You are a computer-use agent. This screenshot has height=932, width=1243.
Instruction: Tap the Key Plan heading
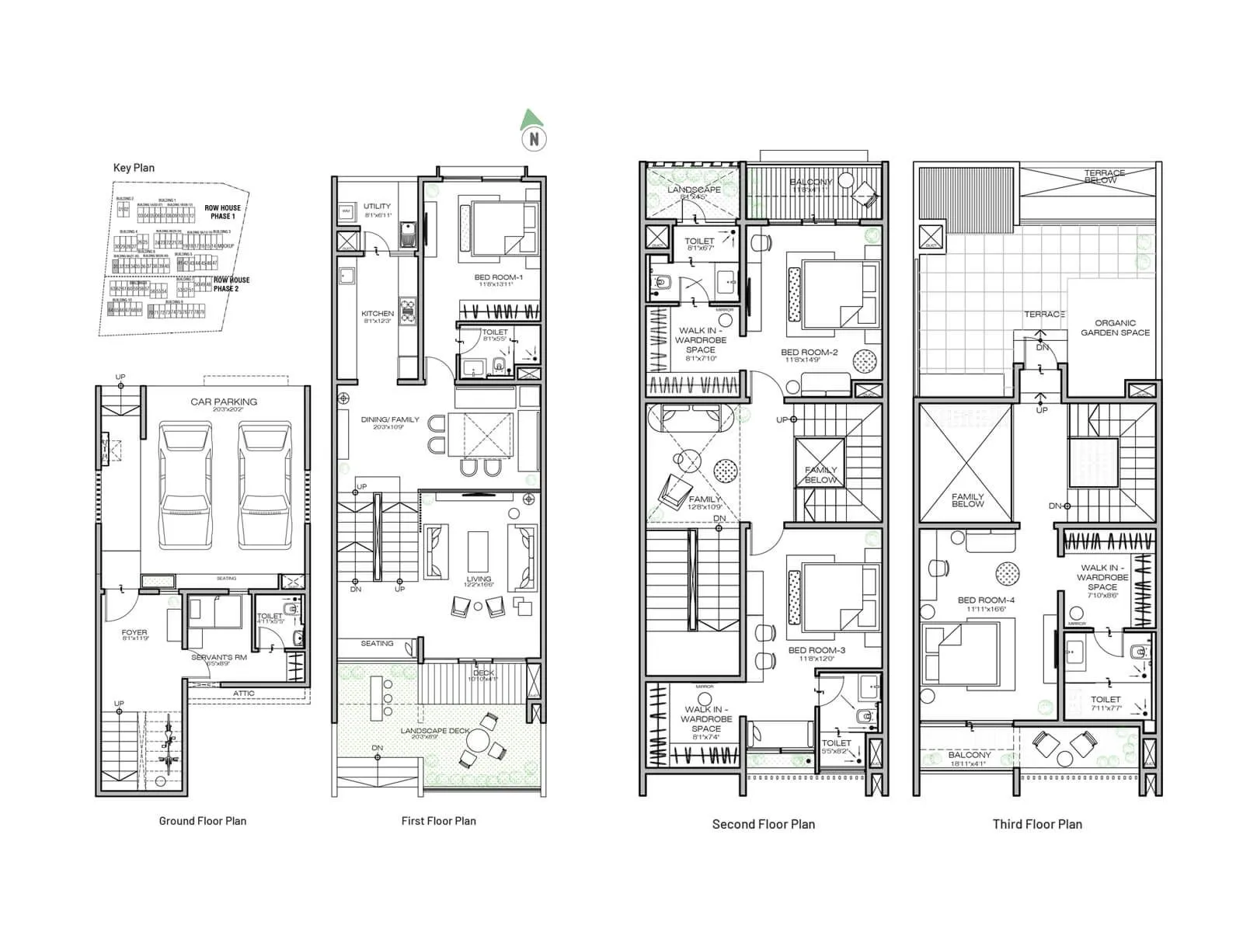click(134, 168)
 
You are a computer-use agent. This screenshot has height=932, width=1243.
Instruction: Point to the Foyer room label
click(134, 635)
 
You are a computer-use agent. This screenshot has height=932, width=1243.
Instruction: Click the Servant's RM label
click(218, 659)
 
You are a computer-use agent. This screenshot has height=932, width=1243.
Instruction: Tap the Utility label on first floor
click(378, 209)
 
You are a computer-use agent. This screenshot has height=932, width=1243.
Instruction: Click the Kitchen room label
click(378, 316)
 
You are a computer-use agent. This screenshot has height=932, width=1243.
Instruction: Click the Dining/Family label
click(390, 422)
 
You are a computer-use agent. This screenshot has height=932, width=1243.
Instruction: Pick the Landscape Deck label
click(435, 732)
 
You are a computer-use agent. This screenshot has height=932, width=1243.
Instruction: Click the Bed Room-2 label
click(809, 354)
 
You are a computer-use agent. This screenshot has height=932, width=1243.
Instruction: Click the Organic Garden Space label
click(1115, 328)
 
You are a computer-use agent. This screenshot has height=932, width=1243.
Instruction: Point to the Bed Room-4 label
click(986, 603)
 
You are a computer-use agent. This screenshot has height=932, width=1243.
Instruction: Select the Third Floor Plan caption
click(1036, 824)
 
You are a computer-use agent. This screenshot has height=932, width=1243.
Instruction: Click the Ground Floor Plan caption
click(202, 821)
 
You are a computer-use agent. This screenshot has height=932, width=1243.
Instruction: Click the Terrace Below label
click(1104, 176)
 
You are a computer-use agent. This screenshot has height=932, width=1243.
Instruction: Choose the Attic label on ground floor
click(243, 694)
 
